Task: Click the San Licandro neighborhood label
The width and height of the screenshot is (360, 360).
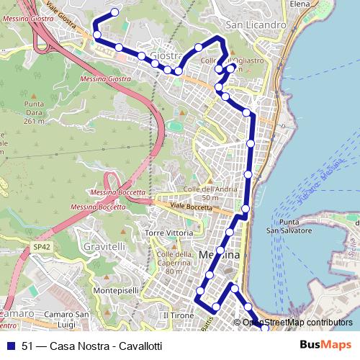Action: (x=255, y=24)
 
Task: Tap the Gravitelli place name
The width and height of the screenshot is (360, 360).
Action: (x=104, y=246)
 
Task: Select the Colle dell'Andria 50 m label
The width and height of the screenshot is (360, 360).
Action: (x=200, y=193)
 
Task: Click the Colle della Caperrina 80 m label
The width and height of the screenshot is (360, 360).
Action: (x=174, y=263)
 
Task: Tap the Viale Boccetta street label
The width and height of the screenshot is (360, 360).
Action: (x=190, y=207)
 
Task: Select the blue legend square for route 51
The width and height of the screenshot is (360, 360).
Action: (x=10, y=345)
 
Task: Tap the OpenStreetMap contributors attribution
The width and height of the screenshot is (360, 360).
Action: (x=297, y=322)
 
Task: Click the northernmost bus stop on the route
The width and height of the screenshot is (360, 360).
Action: (x=114, y=12)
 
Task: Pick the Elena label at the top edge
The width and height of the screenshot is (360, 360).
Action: (x=299, y=4)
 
